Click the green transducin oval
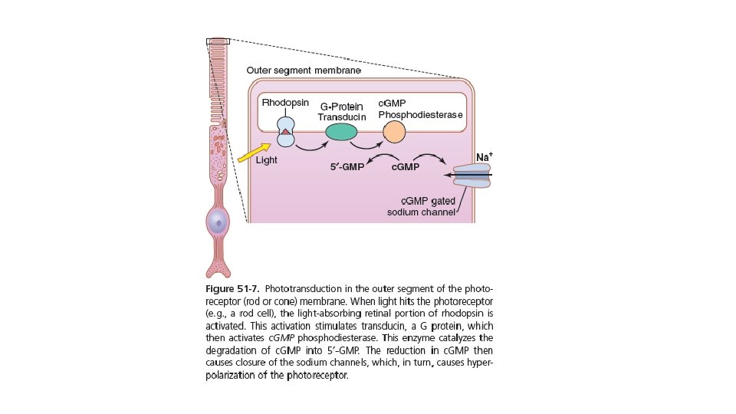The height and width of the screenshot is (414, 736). (x=341, y=132)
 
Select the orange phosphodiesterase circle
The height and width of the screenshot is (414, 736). (x=394, y=132)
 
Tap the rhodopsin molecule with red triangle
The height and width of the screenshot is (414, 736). (x=285, y=132)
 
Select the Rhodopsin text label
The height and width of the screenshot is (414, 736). (x=285, y=102)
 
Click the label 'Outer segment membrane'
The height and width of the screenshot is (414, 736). (x=303, y=71)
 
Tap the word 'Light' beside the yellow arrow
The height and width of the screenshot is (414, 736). (x=266, y=161)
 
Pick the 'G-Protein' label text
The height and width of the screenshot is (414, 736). (x=341, y=107)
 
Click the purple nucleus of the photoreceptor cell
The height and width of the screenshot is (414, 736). (x=219, y=223)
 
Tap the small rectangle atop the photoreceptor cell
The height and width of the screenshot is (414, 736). (x=218, y=41)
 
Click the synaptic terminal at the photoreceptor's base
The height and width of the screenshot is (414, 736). (x=219, y=269)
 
